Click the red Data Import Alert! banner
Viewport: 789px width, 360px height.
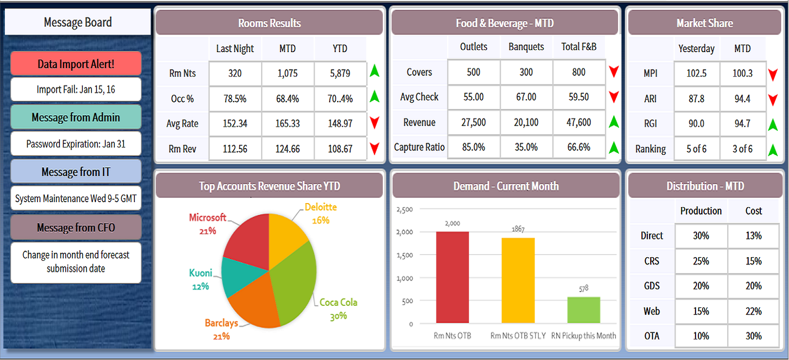76,64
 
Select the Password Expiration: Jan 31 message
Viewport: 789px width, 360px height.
76,144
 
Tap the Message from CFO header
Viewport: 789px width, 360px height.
76,227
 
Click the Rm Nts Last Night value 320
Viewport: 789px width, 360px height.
235,74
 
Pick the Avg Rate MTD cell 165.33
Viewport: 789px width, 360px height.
287,124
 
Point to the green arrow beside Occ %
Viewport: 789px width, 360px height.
374,96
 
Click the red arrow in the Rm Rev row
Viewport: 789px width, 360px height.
374,148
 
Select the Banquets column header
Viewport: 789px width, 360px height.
526,47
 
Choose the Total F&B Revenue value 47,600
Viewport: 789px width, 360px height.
579,123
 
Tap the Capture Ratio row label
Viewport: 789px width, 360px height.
419,147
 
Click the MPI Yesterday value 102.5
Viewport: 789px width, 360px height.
696,74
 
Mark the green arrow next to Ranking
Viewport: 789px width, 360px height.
773,150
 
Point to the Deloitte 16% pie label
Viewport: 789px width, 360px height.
320,213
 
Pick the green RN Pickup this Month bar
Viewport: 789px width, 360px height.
583,310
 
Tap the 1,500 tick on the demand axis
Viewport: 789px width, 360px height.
405,255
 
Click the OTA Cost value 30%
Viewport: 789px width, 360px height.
753,336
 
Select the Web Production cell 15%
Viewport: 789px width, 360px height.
701,311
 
